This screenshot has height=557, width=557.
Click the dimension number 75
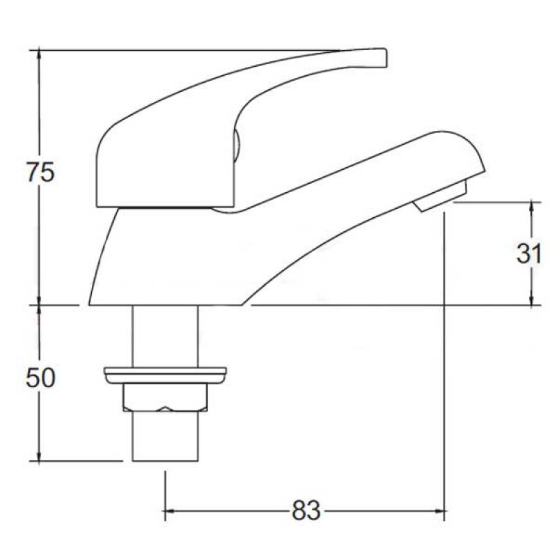click(40, 173)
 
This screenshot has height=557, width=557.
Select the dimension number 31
click(529, 253)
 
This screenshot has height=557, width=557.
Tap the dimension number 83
click(306, 512)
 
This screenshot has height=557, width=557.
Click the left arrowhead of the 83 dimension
click(169, 512)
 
